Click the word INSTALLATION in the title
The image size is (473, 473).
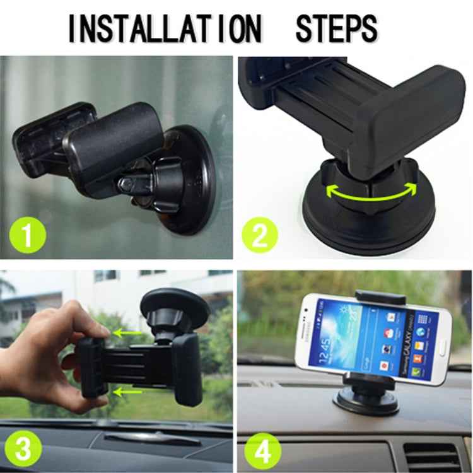pos(164,28)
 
